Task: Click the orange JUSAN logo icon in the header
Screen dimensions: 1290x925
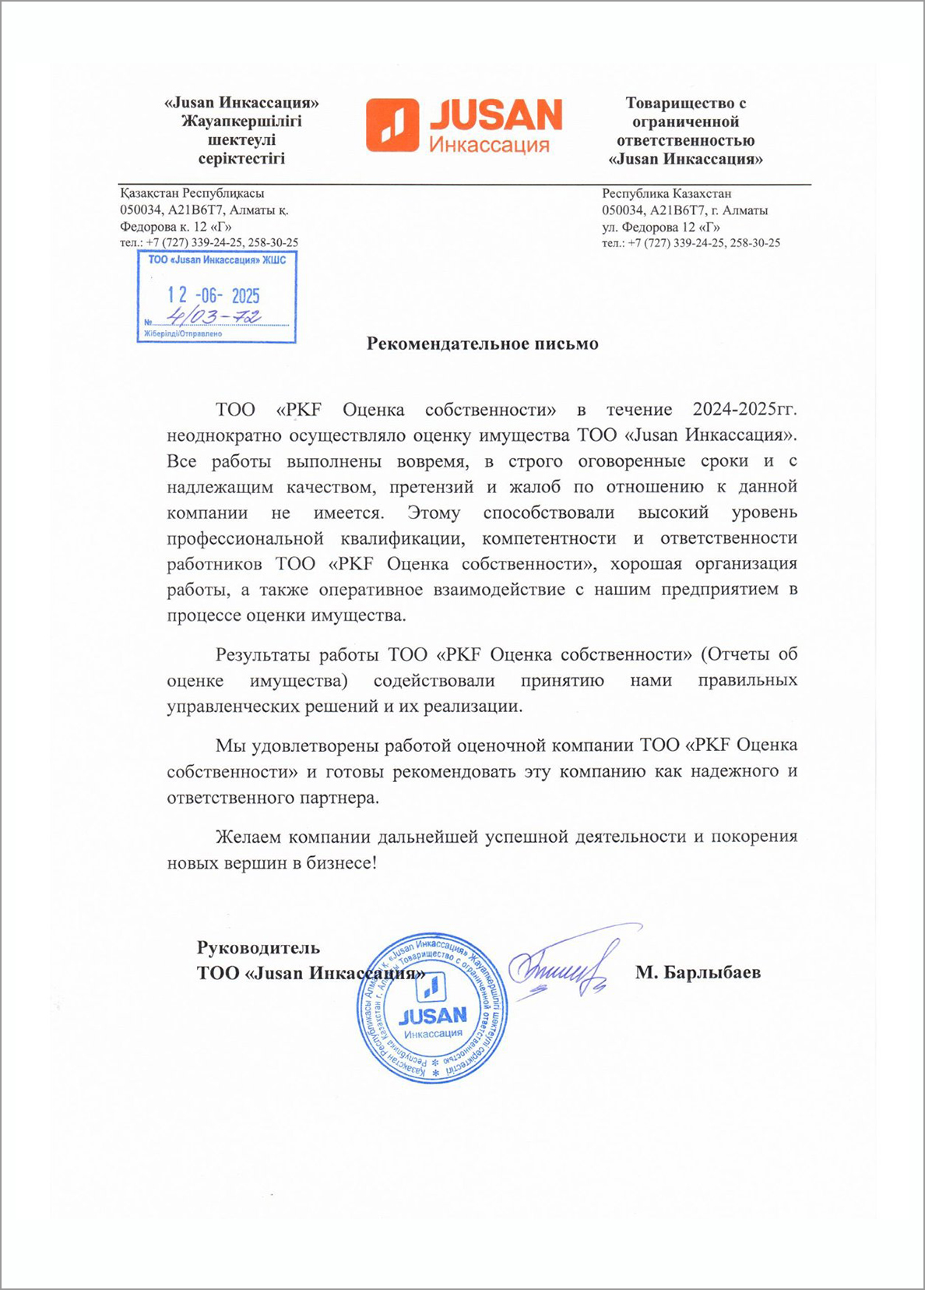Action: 393,125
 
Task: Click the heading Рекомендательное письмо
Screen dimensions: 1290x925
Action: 482,344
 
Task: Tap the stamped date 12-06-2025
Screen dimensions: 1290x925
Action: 214,295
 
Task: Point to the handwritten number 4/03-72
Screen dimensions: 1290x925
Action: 215,316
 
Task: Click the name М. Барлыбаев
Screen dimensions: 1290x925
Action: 698,972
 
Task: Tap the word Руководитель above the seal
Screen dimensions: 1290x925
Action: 259,948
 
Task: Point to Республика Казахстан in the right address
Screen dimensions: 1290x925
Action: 666,193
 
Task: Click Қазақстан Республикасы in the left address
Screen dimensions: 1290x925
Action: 192,193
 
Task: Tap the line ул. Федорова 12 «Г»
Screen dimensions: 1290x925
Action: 660,227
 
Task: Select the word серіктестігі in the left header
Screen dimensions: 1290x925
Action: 241,159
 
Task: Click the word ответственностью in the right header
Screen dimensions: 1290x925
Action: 685,141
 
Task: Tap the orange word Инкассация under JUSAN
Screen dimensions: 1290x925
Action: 490,144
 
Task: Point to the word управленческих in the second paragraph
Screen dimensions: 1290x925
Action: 231,707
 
